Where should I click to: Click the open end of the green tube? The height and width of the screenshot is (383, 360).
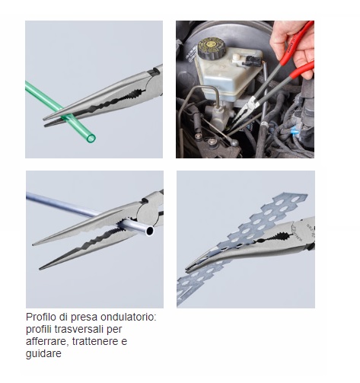pyautogui.click(x=91, y=139)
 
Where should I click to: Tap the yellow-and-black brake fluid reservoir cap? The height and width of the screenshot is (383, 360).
pyautogui.click(x=212, y=48)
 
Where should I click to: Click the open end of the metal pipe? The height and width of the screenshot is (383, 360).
pyautogui.click(x=149, y=231)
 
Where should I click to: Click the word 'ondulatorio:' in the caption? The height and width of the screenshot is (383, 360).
pyautogui.click(x=129, y=317)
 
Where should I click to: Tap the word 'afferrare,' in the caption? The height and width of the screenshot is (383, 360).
pyautogui.click(x=47, y=341)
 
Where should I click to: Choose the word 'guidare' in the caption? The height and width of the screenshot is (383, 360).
pyautogui.click(x=43, y=353)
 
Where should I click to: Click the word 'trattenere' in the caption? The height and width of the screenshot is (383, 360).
pyautogui.click(x=96, y=341)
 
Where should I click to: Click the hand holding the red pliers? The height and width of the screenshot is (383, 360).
pyautogui.click(x=292, y=46)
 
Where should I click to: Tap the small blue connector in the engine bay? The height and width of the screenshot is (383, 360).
pyautogui.click(x=295, y=132)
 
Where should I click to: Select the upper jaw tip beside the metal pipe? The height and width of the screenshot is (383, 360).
pyautogui.click(x=33, y=244)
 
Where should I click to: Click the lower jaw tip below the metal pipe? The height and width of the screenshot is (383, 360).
pyautogui.click(x=40, y=268)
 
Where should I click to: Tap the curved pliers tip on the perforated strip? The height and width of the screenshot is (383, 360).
pyautogui.click(x=187, y=268)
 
